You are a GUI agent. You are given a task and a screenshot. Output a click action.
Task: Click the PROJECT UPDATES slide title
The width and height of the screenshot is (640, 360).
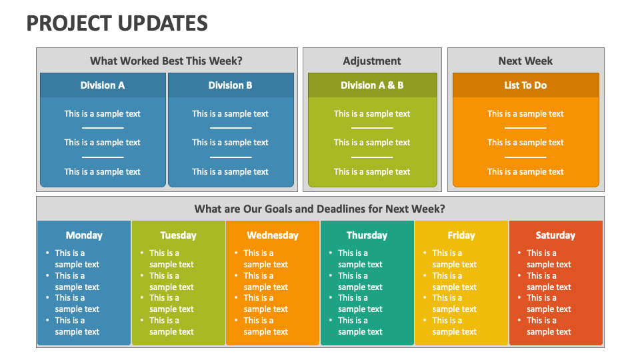click(x=117, y=23)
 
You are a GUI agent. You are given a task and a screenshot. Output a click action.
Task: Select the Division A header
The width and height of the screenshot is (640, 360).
click(x=103, y=85)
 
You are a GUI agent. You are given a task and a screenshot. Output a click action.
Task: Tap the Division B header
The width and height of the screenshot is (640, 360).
click(x=230, y=85)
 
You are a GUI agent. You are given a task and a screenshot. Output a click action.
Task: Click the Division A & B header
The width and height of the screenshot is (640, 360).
click(x=372, y=85)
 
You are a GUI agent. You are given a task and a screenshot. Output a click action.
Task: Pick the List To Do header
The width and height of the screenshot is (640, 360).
click(x=525, y=85)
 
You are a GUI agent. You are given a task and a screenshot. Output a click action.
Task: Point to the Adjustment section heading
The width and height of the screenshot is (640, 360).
click(x=372, y=61)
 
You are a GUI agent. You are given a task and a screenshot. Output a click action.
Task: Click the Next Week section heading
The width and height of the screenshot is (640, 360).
click(x=525, y=61)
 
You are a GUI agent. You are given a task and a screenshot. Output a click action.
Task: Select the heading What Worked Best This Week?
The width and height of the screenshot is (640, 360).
click(x=166, y=61)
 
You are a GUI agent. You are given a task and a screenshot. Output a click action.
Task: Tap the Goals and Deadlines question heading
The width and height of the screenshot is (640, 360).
click(x=319, y=209)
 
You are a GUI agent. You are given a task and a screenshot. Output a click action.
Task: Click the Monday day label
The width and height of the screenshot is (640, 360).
click(x=84, y=235)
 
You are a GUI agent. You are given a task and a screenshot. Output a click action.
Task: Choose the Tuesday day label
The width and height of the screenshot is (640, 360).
click(x=179, y=235)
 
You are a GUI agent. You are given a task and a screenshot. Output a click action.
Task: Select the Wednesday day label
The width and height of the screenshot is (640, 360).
click(x=273, y=235)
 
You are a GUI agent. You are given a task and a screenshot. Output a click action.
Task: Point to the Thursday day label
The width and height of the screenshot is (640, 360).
click(x=367, y=235)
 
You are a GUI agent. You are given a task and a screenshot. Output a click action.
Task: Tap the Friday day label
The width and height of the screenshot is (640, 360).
click(x=461, y=235)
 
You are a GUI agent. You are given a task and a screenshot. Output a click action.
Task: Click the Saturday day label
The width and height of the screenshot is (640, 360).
click(x=555, y=235)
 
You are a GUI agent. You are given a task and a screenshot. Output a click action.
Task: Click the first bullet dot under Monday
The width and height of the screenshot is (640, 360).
click(x=48, y=253)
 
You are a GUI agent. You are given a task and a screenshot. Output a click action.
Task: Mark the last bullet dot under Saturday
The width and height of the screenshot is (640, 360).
click(x=519, y=321)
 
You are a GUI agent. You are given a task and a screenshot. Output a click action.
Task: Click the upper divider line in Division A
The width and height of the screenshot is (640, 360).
click(x=103, y=128)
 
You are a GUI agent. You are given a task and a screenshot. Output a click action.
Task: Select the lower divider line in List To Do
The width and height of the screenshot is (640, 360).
click(x=525, y=157)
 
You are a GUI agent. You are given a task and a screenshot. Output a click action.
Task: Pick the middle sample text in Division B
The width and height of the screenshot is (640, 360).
click(x=230, y=143)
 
